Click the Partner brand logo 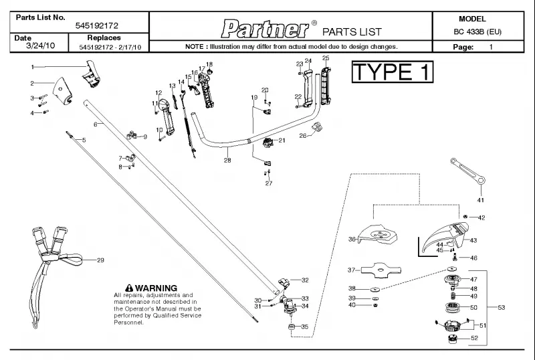pos(265,29)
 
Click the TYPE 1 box pos(393,72)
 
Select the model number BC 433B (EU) pos(477,31)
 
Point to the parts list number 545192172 pos(97,25)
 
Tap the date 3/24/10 pos(40,46)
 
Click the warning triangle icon pos(129,288)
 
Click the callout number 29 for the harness pos(100,260)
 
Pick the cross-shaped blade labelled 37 pos(381,270)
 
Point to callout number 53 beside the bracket pos(501,307)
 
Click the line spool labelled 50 pos(453,307)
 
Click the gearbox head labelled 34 pos(288,306)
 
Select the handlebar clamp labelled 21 pos(269,142)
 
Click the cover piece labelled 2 pos(62,90)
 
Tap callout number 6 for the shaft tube pos(96,124)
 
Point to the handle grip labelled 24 pos(308,88)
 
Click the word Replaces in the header pos(104,37)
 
